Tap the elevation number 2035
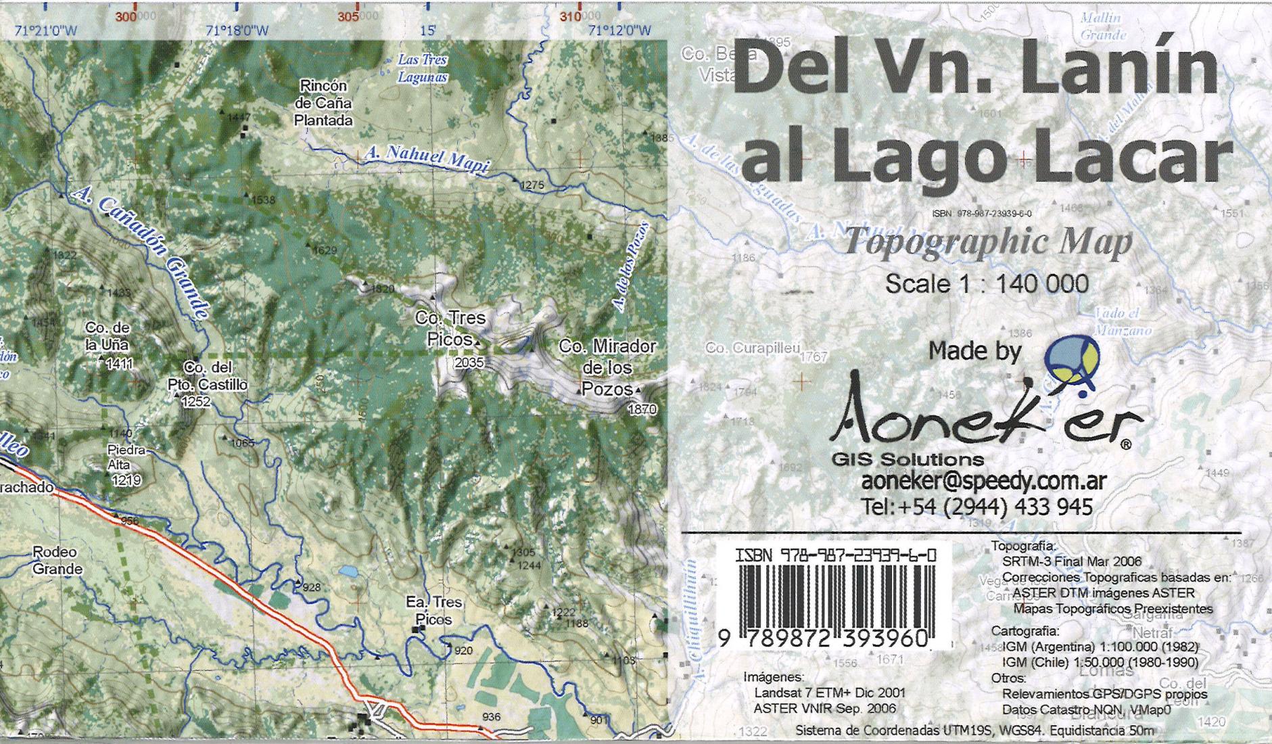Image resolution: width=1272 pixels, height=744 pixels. coord(469,363)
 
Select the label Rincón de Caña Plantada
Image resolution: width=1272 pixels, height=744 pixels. coord(324,103)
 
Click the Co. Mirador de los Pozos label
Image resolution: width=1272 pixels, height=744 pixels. coord(607,367)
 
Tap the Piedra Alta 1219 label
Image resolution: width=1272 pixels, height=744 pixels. coord(126,465)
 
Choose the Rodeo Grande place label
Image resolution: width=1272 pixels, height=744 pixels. coord(57,561)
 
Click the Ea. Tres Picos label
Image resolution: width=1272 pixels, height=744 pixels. coord(433,610)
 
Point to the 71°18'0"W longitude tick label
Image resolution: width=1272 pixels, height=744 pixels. coord(237,30)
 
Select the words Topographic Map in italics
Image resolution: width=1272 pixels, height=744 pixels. coord(988,242)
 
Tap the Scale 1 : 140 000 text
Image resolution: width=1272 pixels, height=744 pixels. coord(987,283)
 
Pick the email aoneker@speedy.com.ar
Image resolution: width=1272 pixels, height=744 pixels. coord(983,481)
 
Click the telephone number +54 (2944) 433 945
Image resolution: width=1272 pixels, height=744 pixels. coord(977,506)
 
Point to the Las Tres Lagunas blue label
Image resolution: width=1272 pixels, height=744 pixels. coord(422,68)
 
